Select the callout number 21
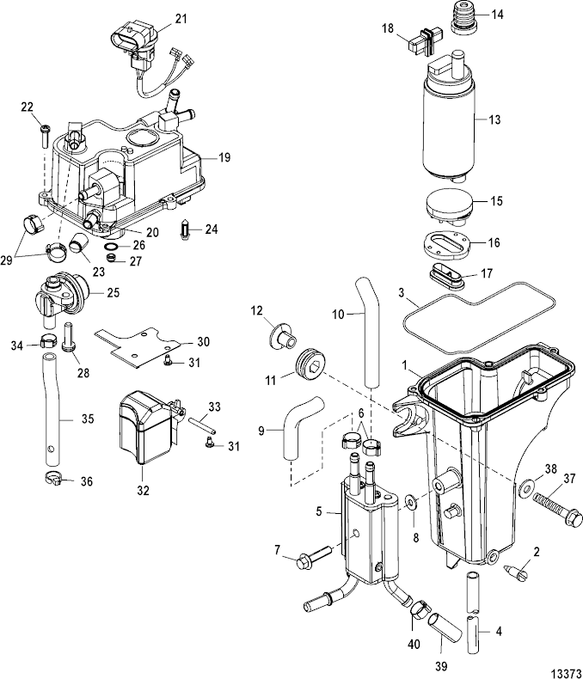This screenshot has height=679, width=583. (181, 18)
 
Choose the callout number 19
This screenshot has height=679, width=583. (224, 158)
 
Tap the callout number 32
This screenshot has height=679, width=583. (143, 491)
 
